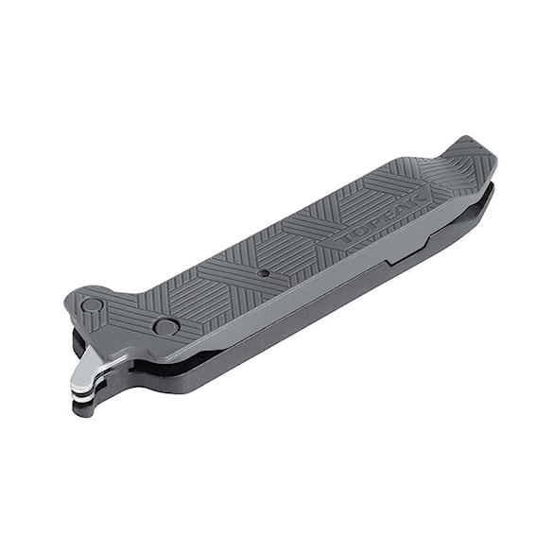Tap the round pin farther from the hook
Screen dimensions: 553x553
click(x=165, y=327)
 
